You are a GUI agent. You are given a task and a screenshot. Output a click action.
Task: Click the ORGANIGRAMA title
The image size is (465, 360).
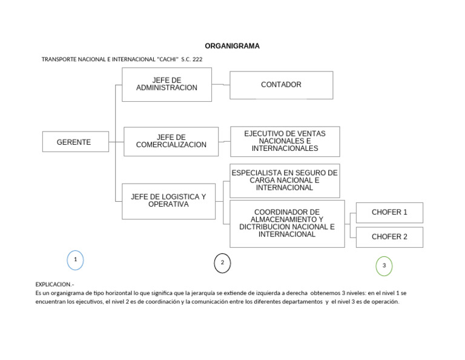232,46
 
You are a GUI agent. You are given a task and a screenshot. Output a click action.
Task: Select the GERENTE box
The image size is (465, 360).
76,142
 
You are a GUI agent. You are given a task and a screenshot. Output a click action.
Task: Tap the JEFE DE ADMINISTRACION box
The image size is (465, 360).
167,84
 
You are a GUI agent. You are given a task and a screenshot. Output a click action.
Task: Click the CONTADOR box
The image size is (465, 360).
281,85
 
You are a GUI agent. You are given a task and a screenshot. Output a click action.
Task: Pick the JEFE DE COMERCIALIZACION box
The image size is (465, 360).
171,141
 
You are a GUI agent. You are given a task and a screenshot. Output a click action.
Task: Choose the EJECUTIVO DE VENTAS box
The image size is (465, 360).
285,141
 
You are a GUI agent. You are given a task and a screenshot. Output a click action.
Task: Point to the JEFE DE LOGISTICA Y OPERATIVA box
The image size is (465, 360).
168,201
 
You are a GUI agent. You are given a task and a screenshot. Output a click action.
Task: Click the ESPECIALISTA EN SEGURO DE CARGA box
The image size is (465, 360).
285,181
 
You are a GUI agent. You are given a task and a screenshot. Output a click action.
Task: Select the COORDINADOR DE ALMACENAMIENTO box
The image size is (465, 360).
287,224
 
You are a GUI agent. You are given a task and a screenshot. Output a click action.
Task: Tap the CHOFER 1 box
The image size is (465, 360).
389,213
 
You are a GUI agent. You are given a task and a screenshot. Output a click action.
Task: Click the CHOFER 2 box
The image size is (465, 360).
389,237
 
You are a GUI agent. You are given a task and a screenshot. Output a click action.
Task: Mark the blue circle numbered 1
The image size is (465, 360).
75,260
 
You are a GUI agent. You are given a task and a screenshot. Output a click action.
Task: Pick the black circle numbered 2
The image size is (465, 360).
222,263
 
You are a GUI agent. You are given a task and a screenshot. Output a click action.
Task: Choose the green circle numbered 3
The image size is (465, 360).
384,265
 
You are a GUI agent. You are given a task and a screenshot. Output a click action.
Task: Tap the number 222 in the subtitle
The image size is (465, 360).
197,59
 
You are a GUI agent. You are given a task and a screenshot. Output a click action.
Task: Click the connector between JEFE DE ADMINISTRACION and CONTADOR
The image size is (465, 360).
221,85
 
